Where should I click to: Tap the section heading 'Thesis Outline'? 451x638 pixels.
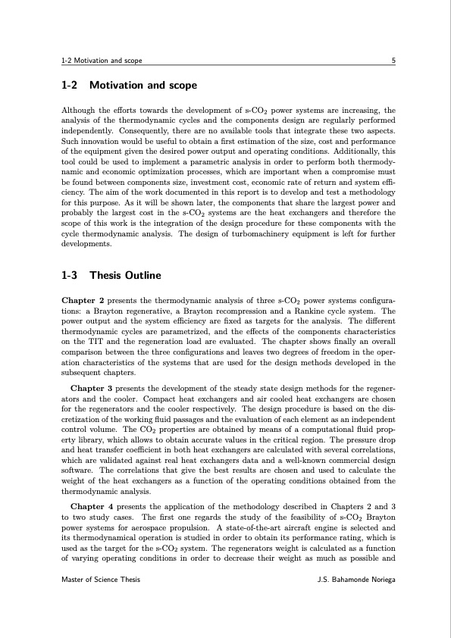coord(125,275)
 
